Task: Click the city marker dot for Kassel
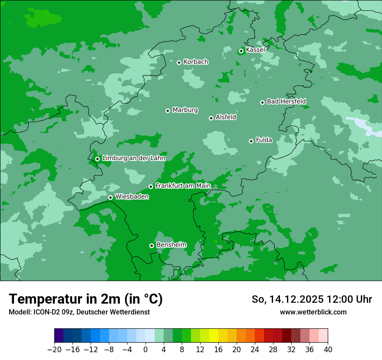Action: (x=241, y=51)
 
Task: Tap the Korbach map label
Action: (x=196, y=62)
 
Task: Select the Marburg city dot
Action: (x=168, y=111)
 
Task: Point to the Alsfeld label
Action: (x=226, y=117)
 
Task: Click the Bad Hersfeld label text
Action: (x=286, y=101)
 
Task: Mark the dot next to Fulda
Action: (x=251, y=141)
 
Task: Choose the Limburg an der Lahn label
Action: (x=133, y=158)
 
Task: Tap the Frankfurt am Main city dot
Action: (x=151, y=187)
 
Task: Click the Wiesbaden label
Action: (x=132, y=197)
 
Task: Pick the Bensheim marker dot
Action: (x=151, y=245)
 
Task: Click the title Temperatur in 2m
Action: (x=86, y=299)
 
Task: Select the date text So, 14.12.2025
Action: (x=288, y=299)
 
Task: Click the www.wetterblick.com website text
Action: (x=313, y=312)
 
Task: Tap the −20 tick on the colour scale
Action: (x=54, y=350)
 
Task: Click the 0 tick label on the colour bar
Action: (x=145, y=350)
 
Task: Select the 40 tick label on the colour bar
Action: (x=328, y=350)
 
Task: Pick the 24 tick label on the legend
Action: (x=255, y=350)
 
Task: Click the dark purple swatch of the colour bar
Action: (x=59, y=336)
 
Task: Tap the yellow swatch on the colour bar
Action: (x=214, y=336)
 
